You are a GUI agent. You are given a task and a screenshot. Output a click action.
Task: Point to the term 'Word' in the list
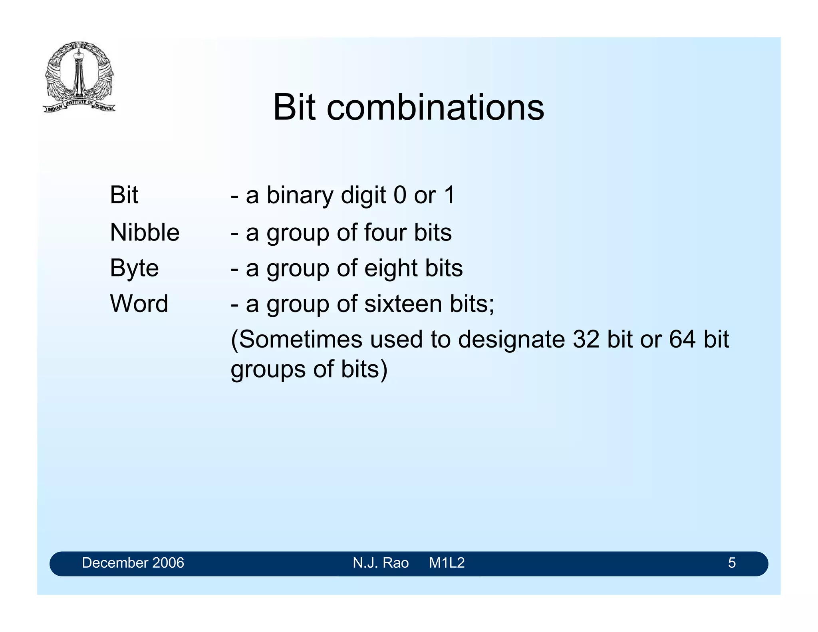[139, 303]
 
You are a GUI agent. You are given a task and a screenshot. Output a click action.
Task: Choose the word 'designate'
[511, 340]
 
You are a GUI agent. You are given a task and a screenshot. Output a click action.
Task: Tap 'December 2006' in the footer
[133, 563]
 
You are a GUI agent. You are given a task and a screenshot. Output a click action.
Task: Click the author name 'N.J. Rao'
[381, 563]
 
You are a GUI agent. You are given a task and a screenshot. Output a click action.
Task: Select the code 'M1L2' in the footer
[447, 563]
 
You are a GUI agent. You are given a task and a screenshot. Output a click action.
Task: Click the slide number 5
[731, 563]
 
